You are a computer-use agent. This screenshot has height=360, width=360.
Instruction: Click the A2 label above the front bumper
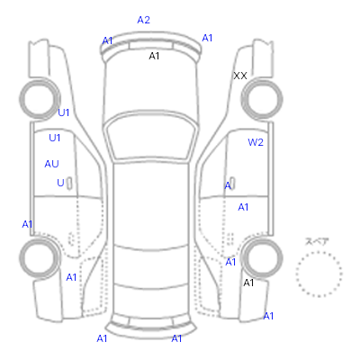[143, 20]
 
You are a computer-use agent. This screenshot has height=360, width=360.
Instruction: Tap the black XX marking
[240, 76]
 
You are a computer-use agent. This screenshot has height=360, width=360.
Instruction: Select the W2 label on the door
[256, 142]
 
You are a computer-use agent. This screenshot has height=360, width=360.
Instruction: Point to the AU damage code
[51, 164]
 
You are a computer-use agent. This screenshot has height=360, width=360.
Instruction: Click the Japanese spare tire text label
[317, 241]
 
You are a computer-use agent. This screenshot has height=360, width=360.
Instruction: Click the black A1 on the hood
[154, 56]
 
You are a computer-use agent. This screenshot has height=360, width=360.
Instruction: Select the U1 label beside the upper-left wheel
[63, 112]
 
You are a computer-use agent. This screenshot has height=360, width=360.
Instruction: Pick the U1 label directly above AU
[55, 138]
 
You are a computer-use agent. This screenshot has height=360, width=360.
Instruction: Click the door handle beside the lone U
[69, 183]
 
